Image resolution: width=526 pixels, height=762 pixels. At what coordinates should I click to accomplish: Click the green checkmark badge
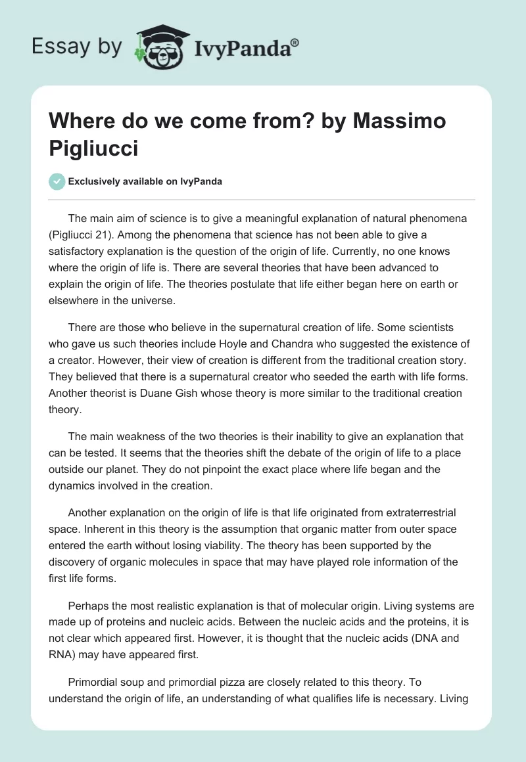[x=57, y=181]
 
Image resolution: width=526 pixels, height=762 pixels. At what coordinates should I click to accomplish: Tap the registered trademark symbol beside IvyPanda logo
[x=295, y=42]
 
